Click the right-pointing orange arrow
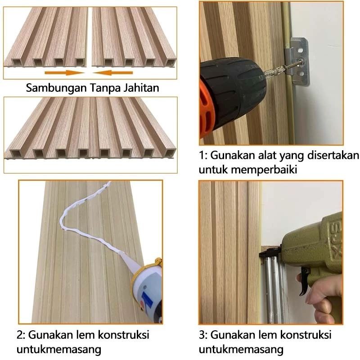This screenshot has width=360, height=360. pyautogui.click(x=64, y=73)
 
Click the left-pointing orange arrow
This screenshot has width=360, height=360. pyautogui.click(x=113, y=73)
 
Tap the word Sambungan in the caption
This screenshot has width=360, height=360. pyautogui.click(x=56, y=88)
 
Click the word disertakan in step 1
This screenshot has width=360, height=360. pyautogui.click(x=333, y=155)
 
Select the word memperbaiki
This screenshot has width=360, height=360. pyautogui.click(x=264, y=170)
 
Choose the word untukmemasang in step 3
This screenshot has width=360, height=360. pyautogui.click(x=241, y=350)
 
